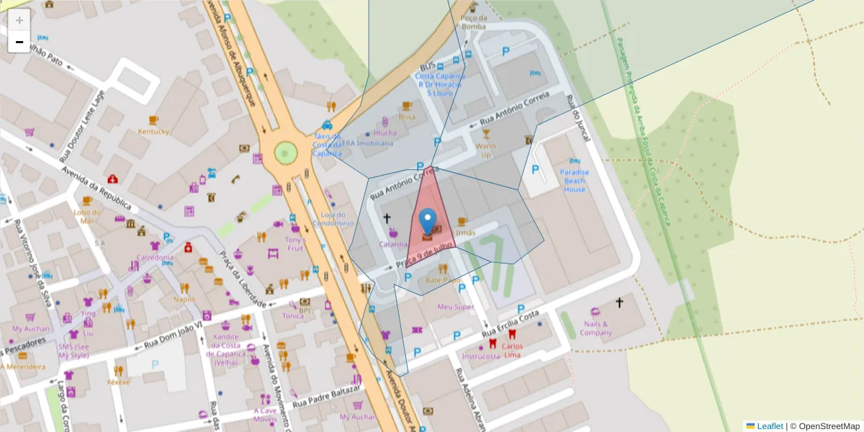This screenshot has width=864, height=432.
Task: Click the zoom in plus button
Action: pos(19,20)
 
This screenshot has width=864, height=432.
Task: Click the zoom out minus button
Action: pos(19,42)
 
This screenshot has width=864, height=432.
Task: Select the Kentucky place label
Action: pos(153,132)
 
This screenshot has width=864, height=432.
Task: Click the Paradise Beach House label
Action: pos(575,181)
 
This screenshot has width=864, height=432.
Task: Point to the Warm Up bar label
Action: pos(485,150)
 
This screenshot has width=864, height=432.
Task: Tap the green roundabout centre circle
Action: pos(286,153)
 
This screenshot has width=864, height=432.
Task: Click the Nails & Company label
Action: pos(595,328)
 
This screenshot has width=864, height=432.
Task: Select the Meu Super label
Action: pos(455,307)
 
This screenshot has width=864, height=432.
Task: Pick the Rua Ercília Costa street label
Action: pos(510,325)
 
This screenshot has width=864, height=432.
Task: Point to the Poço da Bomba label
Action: pos(474,22)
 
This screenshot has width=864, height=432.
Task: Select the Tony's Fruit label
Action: pos(295,243)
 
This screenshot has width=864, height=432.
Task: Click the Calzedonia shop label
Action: pos(155,257)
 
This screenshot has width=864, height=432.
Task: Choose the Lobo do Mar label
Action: pos(87,216)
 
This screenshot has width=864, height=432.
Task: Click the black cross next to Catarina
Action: pos(387,217)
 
